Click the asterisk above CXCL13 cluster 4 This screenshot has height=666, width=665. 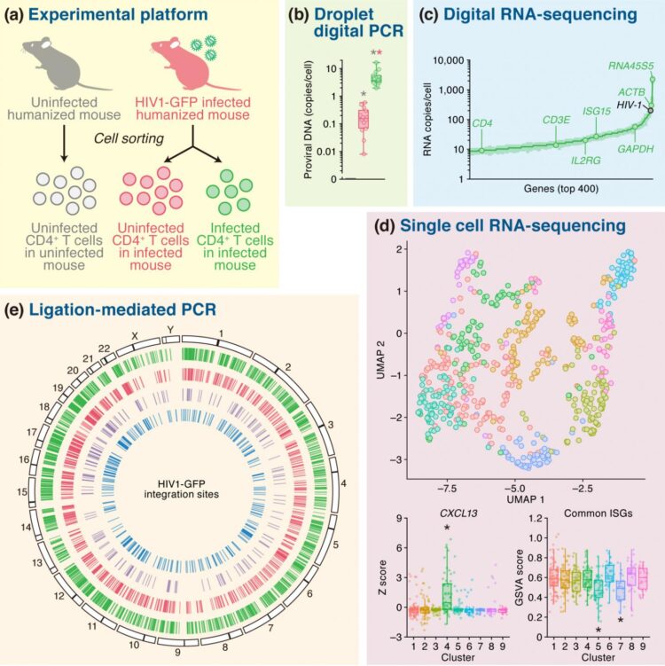(x=448, y=529)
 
